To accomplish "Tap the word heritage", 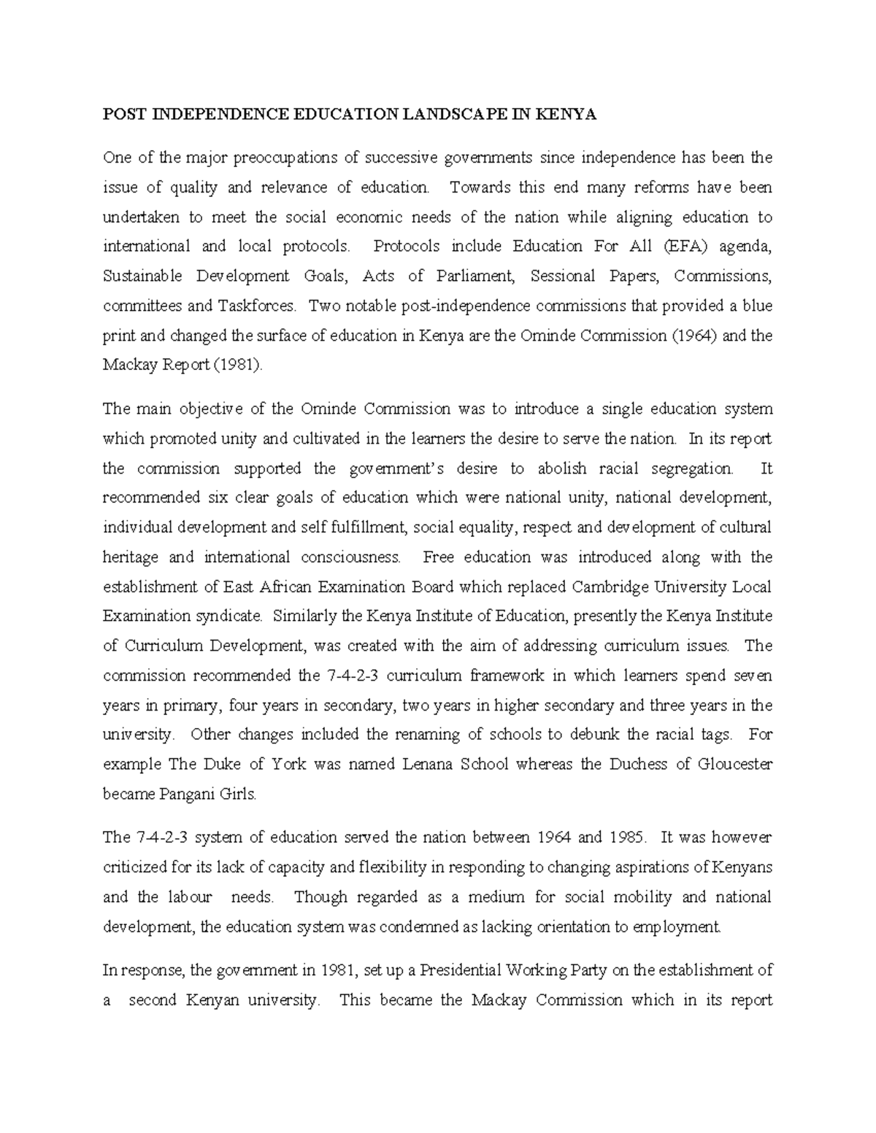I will [x=131, y=557].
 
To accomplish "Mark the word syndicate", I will [x=228, y=616].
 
